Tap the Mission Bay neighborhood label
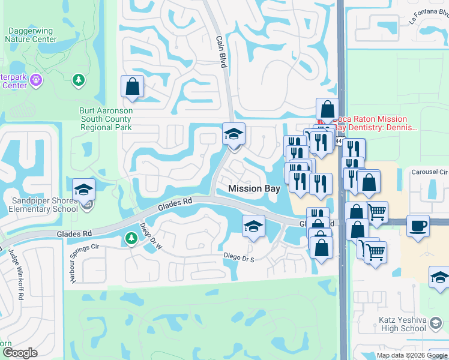point(255,188)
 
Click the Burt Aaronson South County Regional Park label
point(106,119)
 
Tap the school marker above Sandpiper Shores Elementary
point(83,190)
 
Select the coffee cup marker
point(418,226)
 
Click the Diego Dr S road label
point(239,257)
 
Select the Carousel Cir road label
point(430,172)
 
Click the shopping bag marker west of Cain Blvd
point(132,86)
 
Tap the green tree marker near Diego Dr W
point(131,239)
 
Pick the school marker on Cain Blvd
point(234,133)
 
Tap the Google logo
point(20,353)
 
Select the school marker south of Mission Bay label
point(253,226)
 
